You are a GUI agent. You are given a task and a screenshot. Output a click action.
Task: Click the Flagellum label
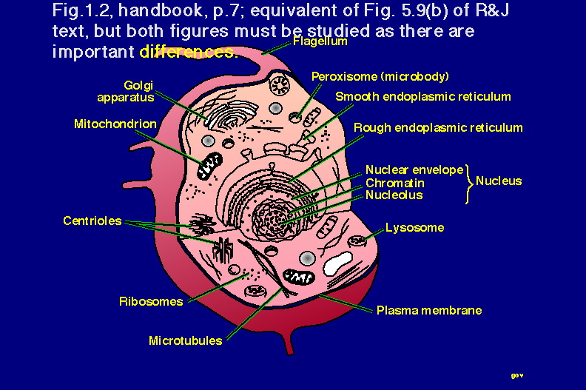(320, 42)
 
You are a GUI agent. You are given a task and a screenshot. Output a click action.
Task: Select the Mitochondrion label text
(115, 124)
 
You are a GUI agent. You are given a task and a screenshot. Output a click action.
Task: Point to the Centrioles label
(92, 221)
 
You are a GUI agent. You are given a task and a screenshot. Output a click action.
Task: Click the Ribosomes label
(150, 301)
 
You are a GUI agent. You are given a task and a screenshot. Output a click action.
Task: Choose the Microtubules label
(185, 340)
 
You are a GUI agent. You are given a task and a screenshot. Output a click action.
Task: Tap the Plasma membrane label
(429, 310)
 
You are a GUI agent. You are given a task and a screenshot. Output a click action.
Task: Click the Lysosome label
(414, 227)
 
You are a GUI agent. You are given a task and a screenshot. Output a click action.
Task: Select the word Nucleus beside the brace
(498, 181)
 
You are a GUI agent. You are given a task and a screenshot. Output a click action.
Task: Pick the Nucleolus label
(394, 195)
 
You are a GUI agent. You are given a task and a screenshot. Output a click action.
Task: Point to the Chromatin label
(394, 183)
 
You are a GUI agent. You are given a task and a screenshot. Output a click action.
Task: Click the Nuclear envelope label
(414, 170)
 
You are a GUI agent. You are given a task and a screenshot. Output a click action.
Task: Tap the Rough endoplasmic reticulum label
(438, 127)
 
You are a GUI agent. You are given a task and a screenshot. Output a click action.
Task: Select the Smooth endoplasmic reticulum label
(422, 96)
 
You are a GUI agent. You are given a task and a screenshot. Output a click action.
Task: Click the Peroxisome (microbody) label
(380, 76)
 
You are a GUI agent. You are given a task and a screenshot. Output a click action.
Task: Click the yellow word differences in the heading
(186, 53)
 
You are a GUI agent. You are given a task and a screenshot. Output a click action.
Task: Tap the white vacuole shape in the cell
(337, 263)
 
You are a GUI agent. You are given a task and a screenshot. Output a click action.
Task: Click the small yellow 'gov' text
(517, 375)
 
